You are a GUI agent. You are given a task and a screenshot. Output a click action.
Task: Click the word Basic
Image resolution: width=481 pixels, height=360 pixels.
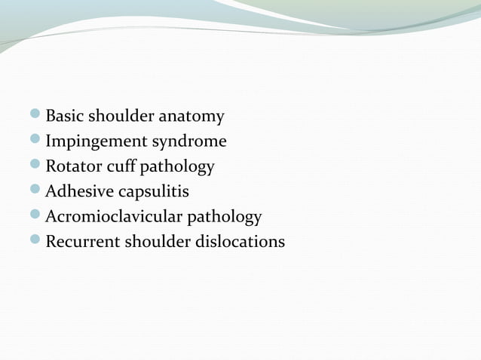tap(63, 117)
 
